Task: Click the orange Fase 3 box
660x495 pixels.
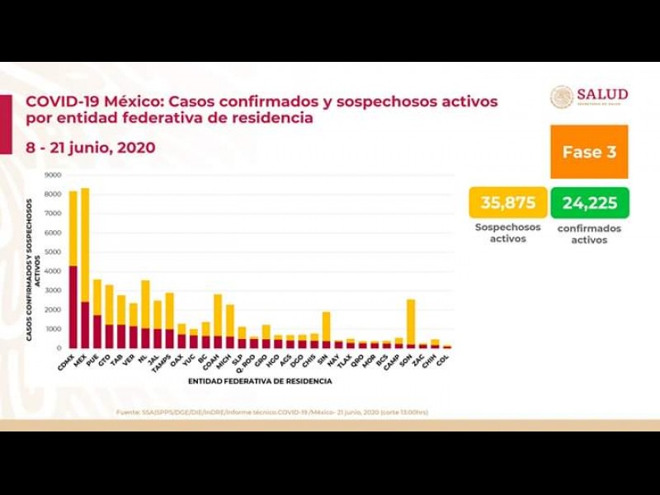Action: (589, 152)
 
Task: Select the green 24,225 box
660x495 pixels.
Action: (589, 203)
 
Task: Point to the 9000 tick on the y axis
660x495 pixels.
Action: (53, 176)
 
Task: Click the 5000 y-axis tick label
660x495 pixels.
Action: (53, 252)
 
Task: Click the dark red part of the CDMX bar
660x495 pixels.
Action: (73, 306)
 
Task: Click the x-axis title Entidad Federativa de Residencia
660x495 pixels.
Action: (260, 381)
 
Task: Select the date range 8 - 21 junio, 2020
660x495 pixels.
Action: (90, 148)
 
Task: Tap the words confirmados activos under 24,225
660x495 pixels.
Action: (589, 234)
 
